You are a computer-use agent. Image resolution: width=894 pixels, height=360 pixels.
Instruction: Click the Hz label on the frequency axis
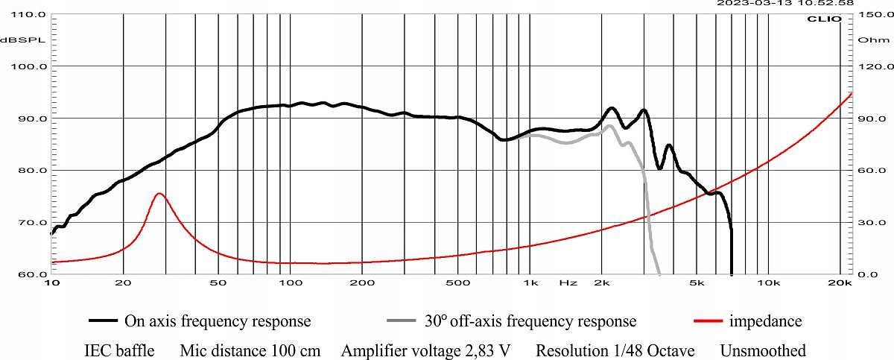click(x=568, y=283)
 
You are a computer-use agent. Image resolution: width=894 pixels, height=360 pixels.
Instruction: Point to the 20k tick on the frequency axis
click(x=840, y=283)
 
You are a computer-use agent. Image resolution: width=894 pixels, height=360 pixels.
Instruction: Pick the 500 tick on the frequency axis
click(x=458, y=283)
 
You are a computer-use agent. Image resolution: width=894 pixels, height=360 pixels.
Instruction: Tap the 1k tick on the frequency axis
click(x=530, y=283)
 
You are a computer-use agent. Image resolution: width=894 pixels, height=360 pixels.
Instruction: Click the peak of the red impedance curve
click(x=159, y=193)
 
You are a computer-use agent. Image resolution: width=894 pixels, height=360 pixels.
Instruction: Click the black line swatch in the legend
click(x=104, y=321)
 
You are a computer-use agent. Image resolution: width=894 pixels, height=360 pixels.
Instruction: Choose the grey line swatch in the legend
click(x=403, y=321)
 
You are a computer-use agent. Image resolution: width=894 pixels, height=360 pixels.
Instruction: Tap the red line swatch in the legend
click(x=708, y=321)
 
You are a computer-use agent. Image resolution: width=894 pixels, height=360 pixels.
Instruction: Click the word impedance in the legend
click(x=766, y=321)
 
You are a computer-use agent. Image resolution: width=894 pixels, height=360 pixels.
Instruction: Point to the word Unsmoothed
click(x=762, y=350)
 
